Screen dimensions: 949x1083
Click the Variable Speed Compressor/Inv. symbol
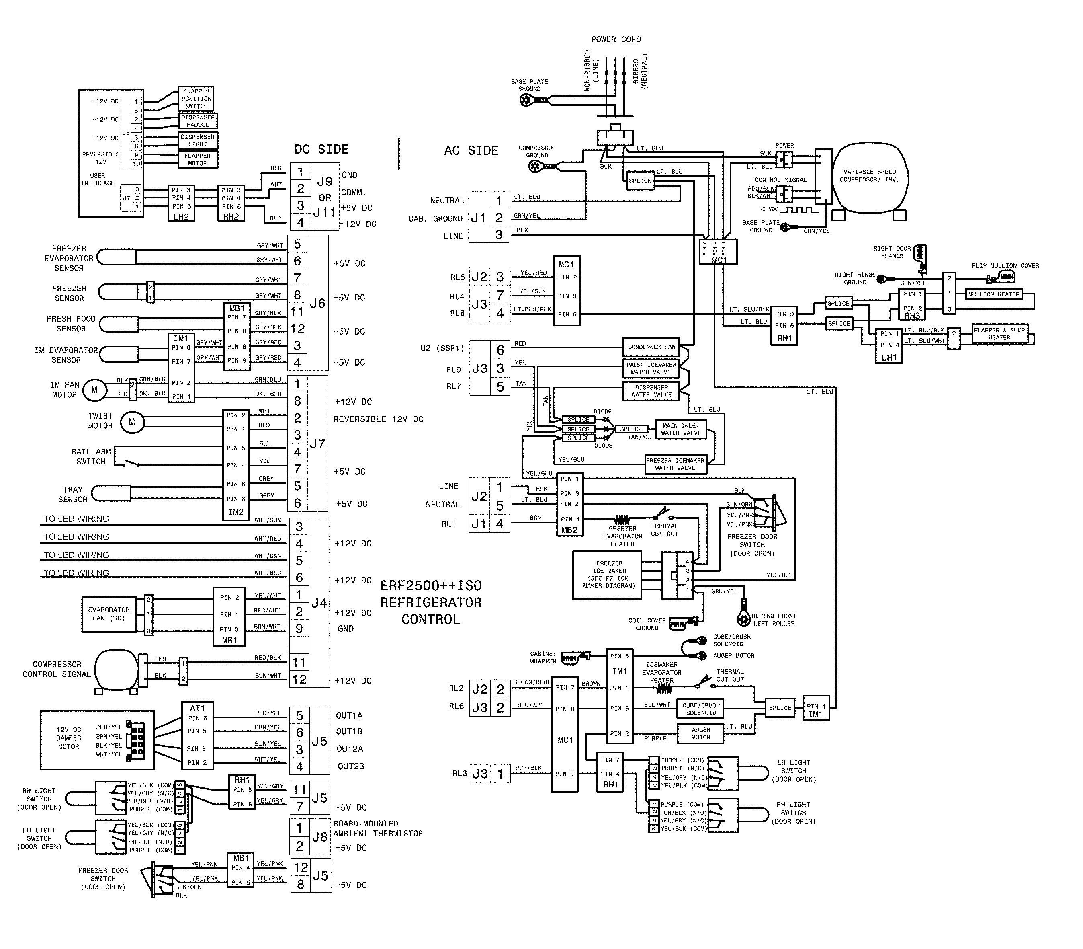pyautogui.click(x=870, y=177)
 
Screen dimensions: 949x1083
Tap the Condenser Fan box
pyautogui.click(x=651, y=347)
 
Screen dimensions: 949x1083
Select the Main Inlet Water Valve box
pyautogui.click(x=681, y=429)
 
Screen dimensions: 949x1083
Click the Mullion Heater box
pyautogui.click(x=993, y=294)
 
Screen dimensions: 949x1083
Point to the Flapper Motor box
pyautogui.click(x=197, y=159)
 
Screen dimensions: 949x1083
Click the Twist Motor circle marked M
pyautogui.click(x=132, y=422)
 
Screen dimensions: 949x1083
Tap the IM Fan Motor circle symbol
pyautogui.click(x=94, y=390)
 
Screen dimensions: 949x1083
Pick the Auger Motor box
pyautogui.click(x=700, y=733)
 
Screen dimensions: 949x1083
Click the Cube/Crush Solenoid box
pyautogui.click(x=701, y=709)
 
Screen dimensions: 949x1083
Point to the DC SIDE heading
pyautogui.click(x=321, y=149)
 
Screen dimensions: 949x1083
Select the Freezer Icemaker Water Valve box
pyautogui.click(x=675, y=464)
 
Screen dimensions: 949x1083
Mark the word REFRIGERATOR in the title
pyautogui.click(x=431, y=603)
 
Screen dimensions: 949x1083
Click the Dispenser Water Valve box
pyautogui.click(x=651, y=391)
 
